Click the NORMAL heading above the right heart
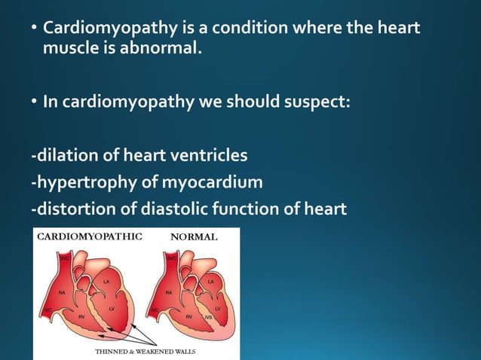(195, 236)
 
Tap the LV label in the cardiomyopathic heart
(111, 308)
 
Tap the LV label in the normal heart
(217, 309)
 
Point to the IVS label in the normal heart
(208, 318)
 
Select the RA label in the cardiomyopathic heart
(62, 291)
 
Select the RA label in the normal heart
(169, 291)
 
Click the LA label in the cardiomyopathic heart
(106, 282)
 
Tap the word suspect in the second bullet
(322, 102)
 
